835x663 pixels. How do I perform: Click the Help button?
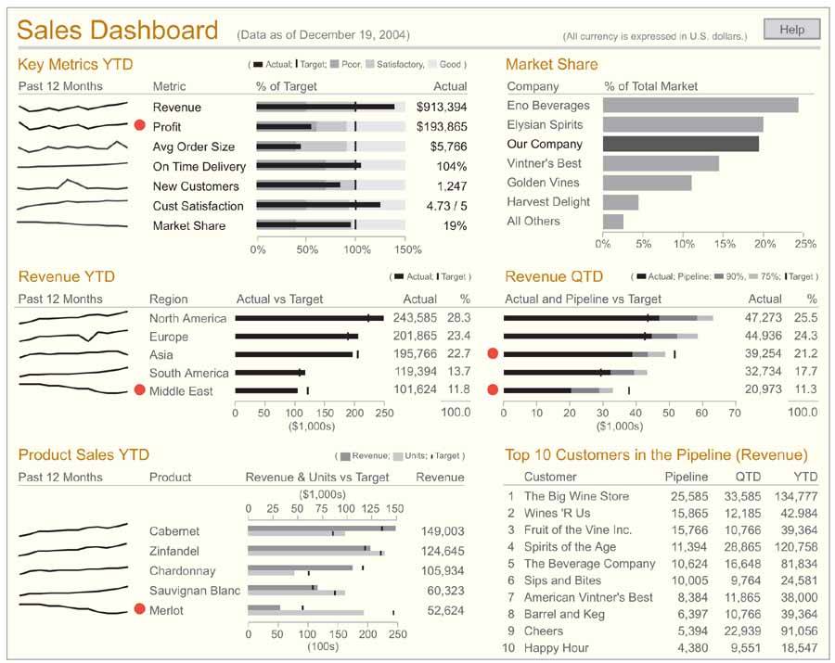click(791, 30)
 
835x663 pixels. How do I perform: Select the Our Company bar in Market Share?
click(680, 144)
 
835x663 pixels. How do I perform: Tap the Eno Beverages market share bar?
click(700, 106)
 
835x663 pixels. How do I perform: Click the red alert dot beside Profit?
click(140, 125)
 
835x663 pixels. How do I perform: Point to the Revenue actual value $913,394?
click(442, 108)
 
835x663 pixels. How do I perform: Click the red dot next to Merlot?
click(140, 609)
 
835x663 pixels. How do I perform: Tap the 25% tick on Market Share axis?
click(804, 244)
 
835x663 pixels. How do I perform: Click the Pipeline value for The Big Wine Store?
click(687, 496)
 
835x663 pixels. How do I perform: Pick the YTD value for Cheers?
click(799, 631)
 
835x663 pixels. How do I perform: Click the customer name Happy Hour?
click(556, 647)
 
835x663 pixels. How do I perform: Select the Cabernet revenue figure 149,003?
click(442, 531)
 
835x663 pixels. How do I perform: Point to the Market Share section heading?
click(551, 64)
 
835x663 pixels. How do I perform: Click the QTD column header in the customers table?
click(747, 477)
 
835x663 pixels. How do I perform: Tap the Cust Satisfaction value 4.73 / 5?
click(446, 206)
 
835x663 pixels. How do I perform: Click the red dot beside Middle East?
click(140, 390)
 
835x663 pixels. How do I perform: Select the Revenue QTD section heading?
click(554, 276)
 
